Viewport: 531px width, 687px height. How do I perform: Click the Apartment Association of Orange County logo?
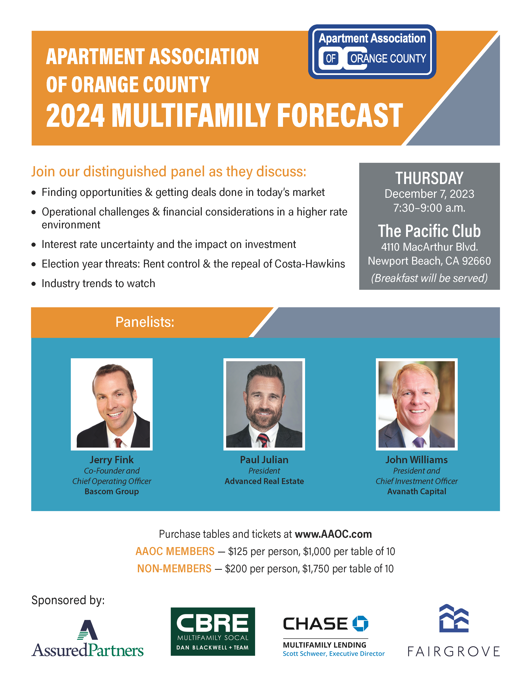click(372, 52)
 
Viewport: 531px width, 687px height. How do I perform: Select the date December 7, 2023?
click(429, 194)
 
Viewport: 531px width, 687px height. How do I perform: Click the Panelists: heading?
click(145, 322)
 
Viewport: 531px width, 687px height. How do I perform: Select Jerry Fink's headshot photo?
click(112, 404)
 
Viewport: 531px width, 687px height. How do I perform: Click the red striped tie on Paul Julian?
click(263, 440)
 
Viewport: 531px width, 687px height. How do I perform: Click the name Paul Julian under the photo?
click(264, 460)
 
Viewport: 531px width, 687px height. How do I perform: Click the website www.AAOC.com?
click(333, 534)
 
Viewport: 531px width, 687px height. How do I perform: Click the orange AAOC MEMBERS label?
click(175, 551)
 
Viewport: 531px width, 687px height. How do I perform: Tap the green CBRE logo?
click(213, 631)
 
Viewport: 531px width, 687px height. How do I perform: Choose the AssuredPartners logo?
click(87, 638)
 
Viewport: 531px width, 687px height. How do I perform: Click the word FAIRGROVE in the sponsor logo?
click(454, 651)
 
